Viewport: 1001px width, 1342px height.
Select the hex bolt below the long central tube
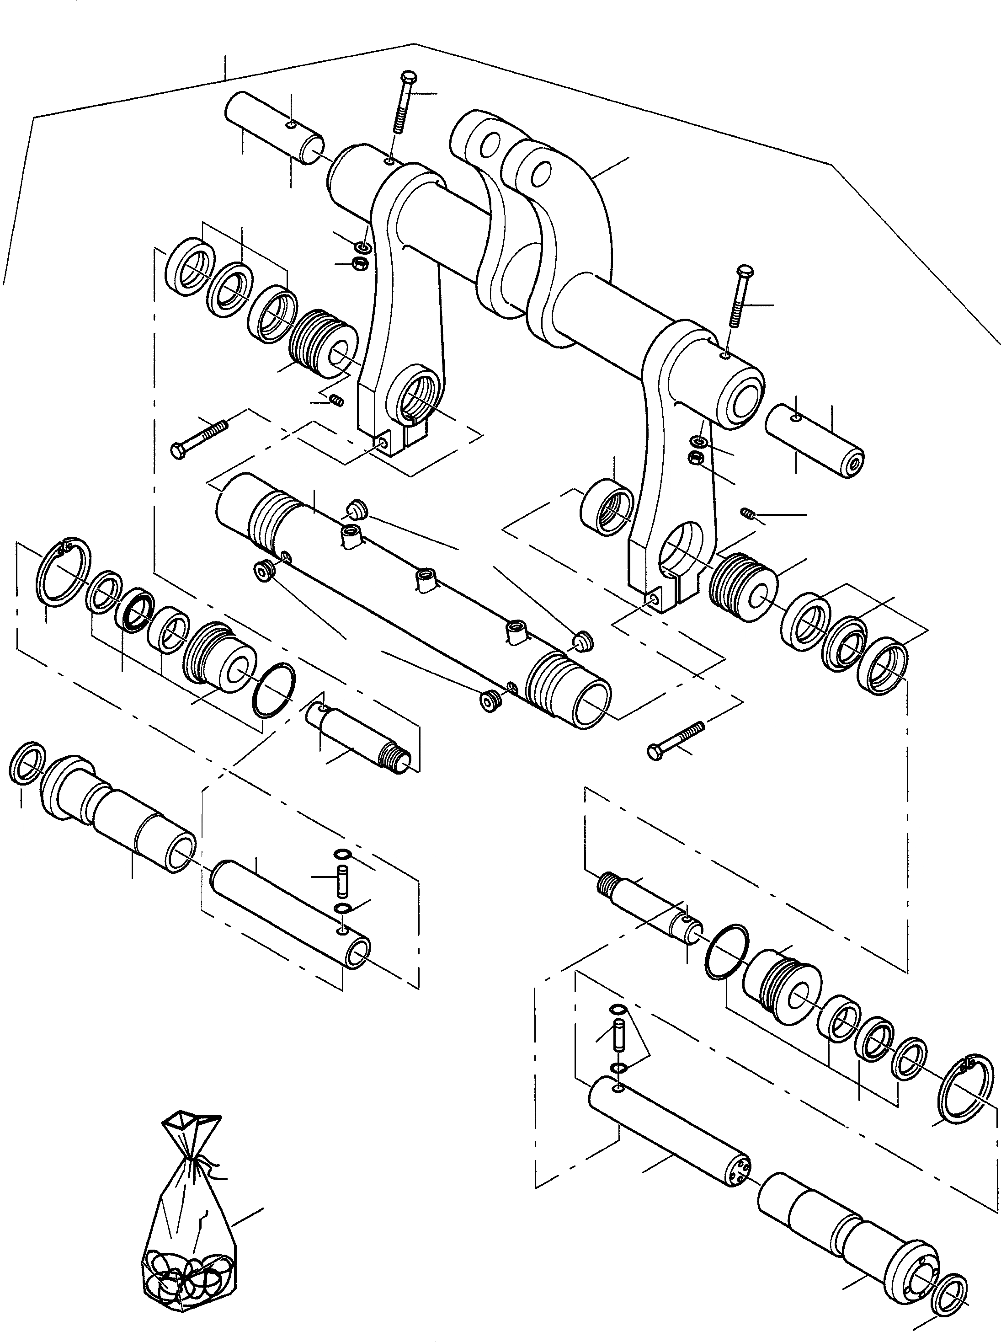click(676, 739)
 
